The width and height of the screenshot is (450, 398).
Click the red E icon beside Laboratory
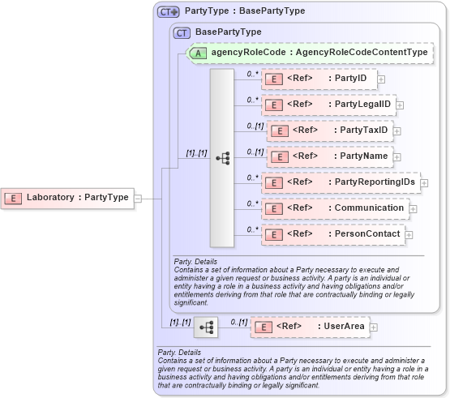14,197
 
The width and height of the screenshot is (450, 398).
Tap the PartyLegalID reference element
328,105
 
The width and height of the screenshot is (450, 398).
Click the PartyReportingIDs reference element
340,182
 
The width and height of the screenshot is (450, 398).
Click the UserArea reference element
310,327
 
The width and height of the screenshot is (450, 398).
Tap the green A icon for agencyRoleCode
197,53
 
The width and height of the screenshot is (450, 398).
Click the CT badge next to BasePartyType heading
182,32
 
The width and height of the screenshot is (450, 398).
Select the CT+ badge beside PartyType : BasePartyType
168,11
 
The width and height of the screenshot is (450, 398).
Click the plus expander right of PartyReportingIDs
424,183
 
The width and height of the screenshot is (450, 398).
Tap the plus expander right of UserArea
374,327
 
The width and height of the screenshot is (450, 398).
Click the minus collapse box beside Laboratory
138,197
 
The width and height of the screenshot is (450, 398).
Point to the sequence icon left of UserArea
208,327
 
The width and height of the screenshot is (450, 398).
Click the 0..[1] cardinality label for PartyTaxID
255,126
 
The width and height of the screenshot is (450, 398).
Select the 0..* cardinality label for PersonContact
252,229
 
